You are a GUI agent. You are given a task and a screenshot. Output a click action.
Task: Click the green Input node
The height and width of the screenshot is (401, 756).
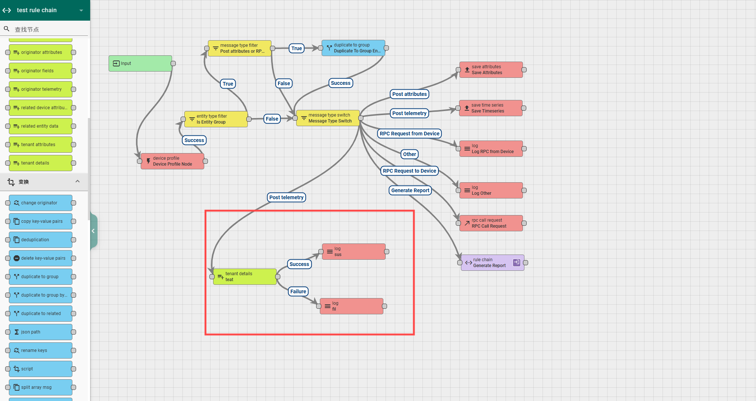tap(140, 63)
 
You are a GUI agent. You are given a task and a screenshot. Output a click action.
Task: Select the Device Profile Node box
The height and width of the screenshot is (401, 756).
tap(172, 161)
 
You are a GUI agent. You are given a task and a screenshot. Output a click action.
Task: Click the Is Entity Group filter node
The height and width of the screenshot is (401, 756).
tap(216, 119)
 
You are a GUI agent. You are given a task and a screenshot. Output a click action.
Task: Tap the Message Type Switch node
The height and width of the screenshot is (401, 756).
tap(328, 118)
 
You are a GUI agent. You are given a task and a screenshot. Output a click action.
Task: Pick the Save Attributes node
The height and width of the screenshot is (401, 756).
tap(491, 70)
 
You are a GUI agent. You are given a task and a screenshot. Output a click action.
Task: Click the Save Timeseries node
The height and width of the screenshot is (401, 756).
tap(491, 108)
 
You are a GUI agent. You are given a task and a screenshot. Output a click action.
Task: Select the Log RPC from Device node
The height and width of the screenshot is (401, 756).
tap(491, 149)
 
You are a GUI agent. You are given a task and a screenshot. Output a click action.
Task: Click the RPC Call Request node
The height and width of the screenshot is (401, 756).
tap(491, 223)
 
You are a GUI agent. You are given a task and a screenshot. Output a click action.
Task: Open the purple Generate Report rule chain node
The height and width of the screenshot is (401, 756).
tap(493, 263)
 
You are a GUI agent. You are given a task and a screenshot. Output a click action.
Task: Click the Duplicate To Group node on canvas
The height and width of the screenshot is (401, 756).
tap(353, 48)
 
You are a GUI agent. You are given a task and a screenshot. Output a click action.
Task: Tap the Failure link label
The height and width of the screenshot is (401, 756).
tap(298, 291)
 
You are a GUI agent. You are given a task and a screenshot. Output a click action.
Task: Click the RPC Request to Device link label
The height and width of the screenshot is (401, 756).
tap(409, 171)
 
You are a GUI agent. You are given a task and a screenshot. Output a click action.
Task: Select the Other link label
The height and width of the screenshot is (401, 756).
tap(409, 154)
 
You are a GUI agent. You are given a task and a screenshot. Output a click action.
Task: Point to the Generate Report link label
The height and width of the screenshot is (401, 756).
tap(410, 190)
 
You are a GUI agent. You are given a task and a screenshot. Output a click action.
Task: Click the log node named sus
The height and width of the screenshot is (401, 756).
tap(354, 252)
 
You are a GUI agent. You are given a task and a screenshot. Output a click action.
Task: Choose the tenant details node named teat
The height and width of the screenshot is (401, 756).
tap(245, 277)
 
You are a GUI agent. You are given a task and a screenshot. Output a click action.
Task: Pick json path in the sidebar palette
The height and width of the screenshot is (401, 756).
tap(41, 332)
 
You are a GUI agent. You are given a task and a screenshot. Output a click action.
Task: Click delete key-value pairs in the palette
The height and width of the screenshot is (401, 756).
tap(41, 258)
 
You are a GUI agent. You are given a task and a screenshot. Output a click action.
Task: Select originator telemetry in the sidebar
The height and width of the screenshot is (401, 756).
tap(41, 89)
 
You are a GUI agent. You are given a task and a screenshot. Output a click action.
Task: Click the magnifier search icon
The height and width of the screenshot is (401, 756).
tap(7, 29)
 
